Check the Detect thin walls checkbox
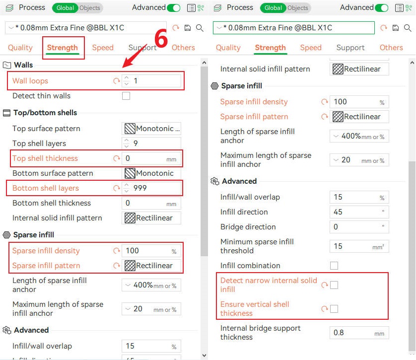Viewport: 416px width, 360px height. [126, 96]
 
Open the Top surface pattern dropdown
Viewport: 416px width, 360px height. [151, 129]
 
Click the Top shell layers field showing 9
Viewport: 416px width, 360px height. [151, 144]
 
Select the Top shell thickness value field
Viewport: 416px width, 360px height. [151, 158]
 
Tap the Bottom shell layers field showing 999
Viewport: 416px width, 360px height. [151, 188]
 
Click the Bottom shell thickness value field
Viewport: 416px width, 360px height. [151, 203]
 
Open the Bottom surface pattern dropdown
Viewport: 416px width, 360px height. [151, 173]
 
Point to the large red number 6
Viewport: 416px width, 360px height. [161, 38]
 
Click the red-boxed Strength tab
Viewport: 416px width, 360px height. [63, 48]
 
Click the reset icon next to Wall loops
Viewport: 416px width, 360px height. [117, 81]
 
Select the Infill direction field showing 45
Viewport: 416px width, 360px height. [359, 212]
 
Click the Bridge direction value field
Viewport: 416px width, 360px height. [359, 227]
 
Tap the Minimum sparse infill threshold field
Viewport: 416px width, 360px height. [359, 246]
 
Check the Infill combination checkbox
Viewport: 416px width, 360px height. [334, 266]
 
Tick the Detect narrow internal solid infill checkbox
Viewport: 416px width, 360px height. [334, 285]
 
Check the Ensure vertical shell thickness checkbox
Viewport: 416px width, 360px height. [334, 309]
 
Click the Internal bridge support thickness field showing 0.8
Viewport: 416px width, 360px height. [359, 333]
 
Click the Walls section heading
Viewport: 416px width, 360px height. [23, 65]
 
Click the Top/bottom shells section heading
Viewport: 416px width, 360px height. [45, 113]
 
